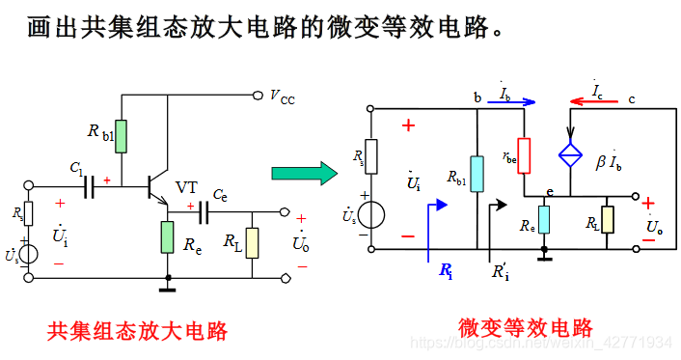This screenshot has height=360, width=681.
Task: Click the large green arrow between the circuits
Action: pyautogui.click(x=302, y=174)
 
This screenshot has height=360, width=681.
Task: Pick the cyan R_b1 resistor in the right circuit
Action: pyautogui.click(x=477, y=174)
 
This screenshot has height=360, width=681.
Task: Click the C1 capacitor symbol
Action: pyautogui.click(x=92, y=185)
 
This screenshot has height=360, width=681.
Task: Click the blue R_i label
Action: pyautogui.click(x=446, y=272)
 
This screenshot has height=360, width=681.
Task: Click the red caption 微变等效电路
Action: pyautogui.click(x=525, y=327)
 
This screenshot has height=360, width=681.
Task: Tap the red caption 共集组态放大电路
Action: pyautogui.click(x=138, y=331)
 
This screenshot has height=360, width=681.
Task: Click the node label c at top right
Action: pyautogui.click(x=632, y=97)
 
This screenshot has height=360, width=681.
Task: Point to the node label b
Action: pyautogui.click(x=477, y=97)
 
